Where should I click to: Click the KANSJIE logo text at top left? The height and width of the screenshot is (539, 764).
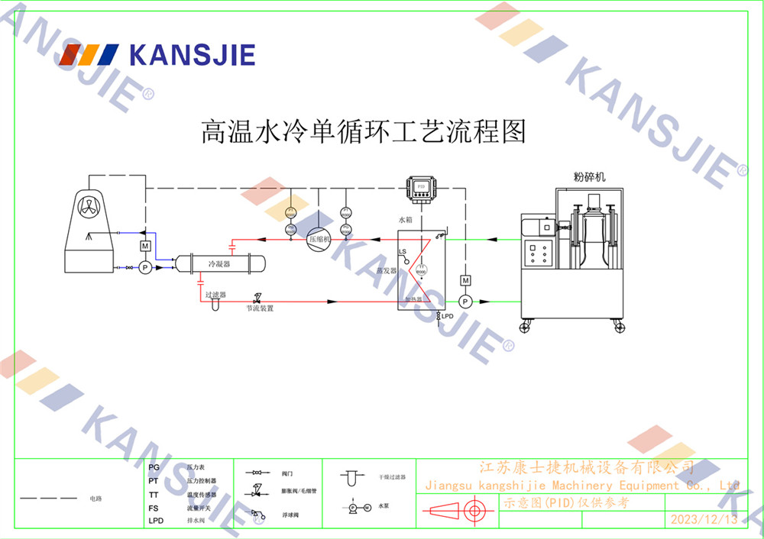pyautogui.click(x=192, y=55)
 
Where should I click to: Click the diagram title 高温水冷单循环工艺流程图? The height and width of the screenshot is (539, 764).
pyautogui.click(x=364, y=131)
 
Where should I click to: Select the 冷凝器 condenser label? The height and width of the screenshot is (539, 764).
pyautogui.click(x=219, y=263)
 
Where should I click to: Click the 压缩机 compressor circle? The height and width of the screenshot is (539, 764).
pyautogui.click(x=319, y=239)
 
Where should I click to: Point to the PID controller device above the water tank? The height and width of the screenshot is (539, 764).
pyautogui.click(x=420, y=186)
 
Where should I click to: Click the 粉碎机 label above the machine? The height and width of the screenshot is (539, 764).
pyautogui.click(x=589, y=176)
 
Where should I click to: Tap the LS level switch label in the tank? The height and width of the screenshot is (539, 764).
pyautogui.click(x=402, y=252)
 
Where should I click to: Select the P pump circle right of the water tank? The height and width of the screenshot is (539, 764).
pyautogui.click(x=465, y=302)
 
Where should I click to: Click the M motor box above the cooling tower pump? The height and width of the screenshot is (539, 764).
pyautogui.click(x=144, y=246)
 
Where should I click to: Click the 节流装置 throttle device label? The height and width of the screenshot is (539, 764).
pyautogui.click(x=260, y=308)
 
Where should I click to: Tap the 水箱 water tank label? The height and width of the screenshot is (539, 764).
pyautogui.click(x=405, y=219)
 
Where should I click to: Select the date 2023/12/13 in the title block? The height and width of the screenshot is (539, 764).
pyautogui.click(x=704, y=520)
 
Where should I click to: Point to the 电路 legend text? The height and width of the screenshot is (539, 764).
pyautogui.click(x=95, y=499)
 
